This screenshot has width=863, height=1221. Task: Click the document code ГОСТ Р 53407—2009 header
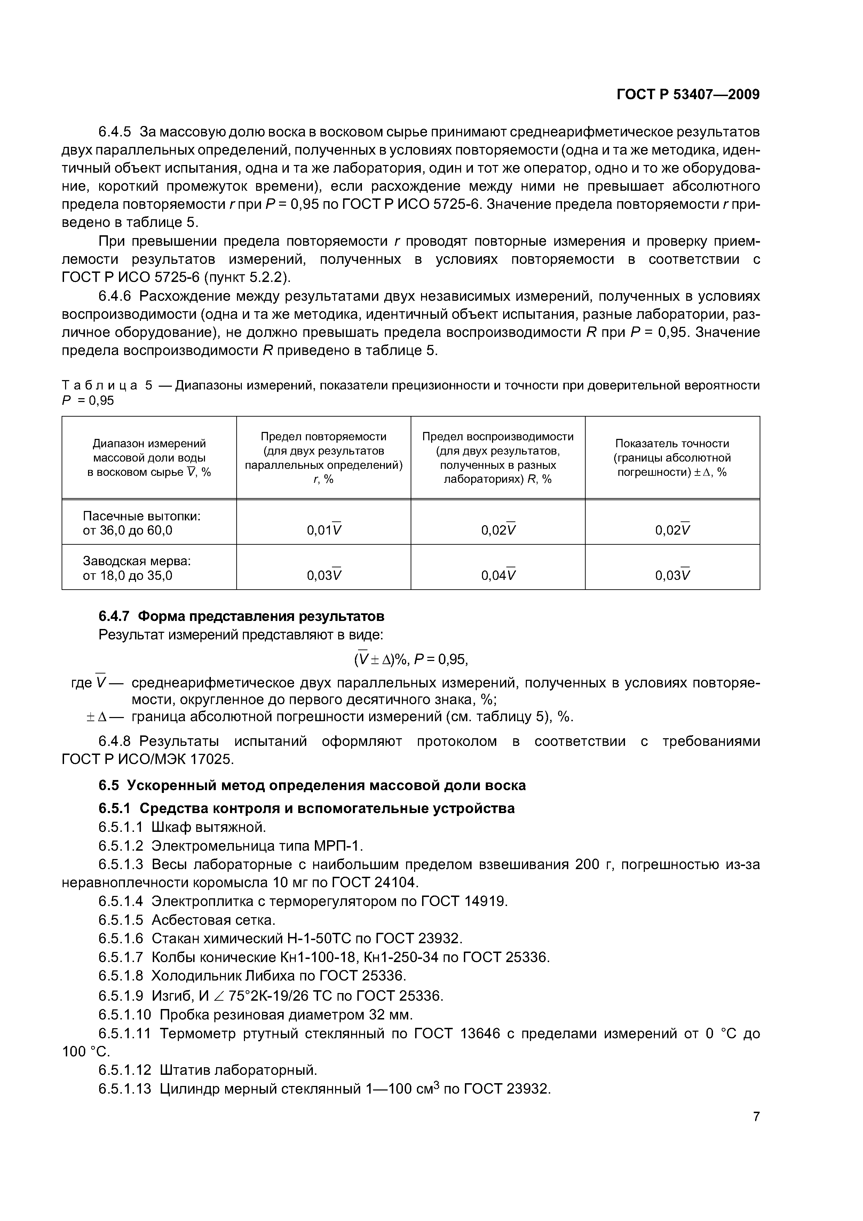click(x=688, y=95)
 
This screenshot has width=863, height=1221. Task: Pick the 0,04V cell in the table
click(x=498, y=575)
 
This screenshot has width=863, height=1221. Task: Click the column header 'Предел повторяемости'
click(x=323, y=436)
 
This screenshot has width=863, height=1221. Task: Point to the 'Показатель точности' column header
click(x=672, y=443)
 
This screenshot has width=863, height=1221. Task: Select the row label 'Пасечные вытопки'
click(x=141, y=516)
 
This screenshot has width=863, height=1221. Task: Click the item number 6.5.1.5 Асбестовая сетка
click(x=121, y=920)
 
